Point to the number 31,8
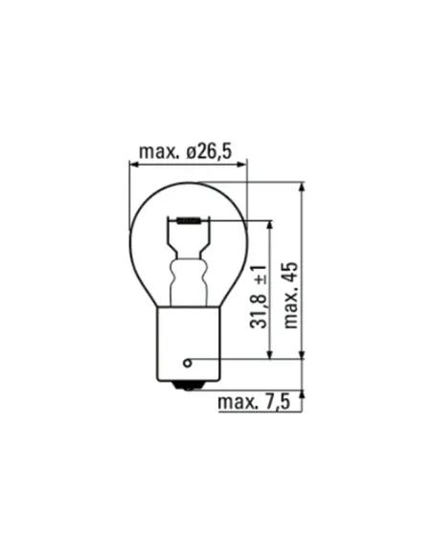pyautogui.click(x=259, y=313)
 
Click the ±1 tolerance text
pyautogui.click(x=259, y=277)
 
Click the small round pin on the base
pyautogui.click(x=188, y=362)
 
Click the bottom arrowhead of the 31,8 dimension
pyautogui.click(x=272, y=356)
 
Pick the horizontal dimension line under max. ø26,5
pyautogui.click(x=188, y=165)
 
